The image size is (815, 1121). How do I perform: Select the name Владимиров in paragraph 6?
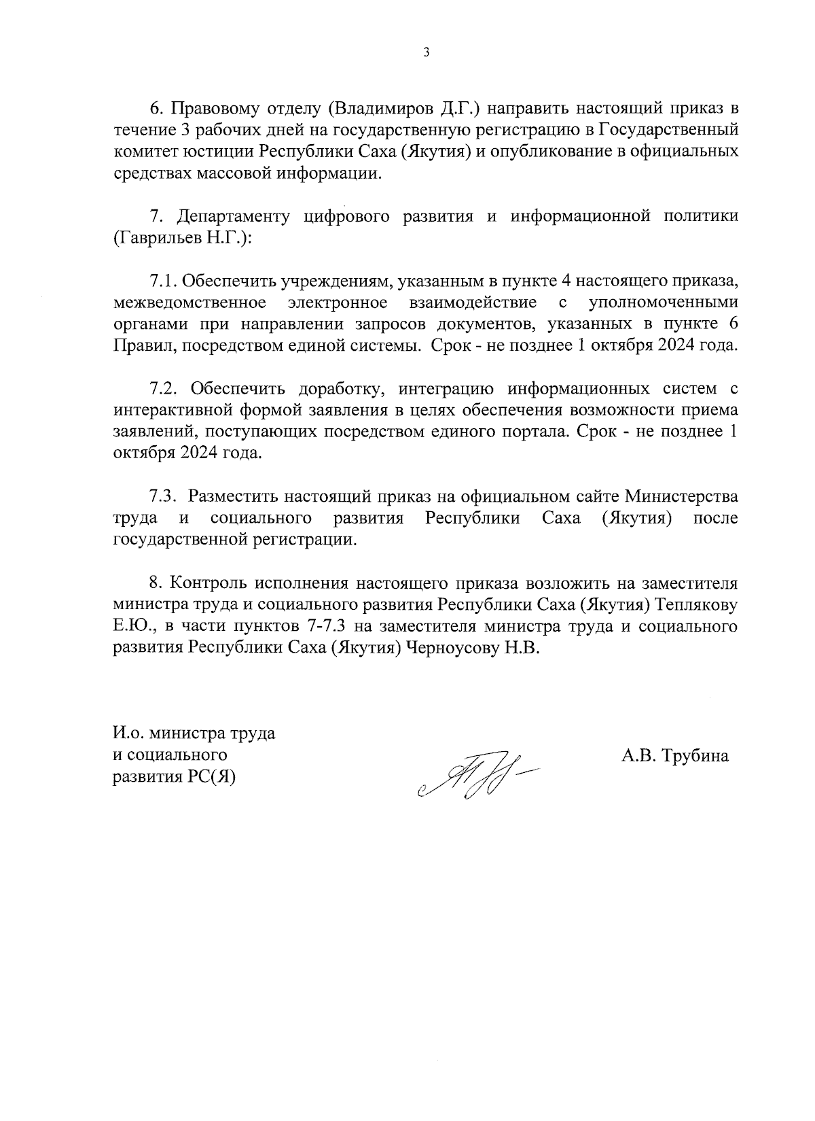[x=376, y=108]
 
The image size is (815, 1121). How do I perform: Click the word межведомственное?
[x=189, y=302]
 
